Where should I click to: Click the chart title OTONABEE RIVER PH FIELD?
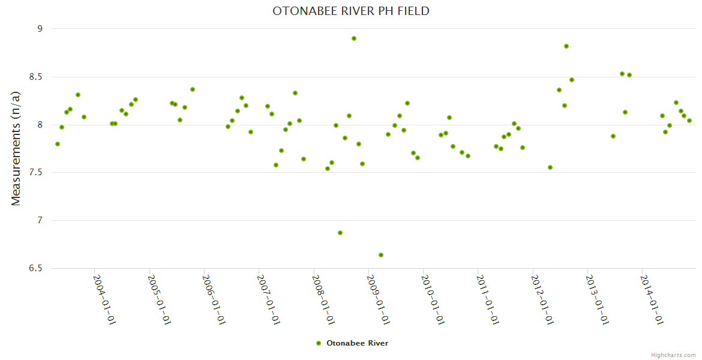351,11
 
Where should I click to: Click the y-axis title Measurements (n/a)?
16,148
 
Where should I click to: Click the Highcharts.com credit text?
673,355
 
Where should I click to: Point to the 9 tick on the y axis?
40,29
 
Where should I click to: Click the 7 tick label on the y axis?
40,220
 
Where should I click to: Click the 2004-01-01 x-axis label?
104,299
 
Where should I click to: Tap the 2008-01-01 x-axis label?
323,299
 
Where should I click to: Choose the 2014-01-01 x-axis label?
651,299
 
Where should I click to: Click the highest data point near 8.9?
354,38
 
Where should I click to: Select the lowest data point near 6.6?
381,255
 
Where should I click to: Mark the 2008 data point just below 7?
340,233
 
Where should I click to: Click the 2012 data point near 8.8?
566,46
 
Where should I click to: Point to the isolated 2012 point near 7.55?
550,167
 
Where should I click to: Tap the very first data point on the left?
58,144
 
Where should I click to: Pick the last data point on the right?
689,121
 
